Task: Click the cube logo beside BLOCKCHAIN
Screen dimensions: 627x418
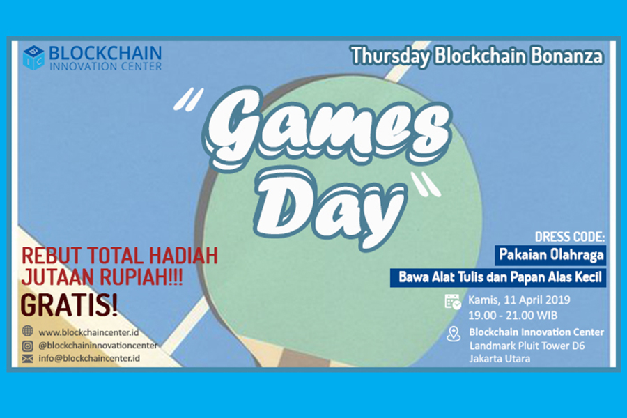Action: click(33, 58)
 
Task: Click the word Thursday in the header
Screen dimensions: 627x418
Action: click(390, 56)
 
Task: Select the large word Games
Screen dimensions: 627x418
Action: click(328, 129)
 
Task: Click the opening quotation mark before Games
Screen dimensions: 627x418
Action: click(188, 99)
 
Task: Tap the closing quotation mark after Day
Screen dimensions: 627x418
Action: click(426, 185)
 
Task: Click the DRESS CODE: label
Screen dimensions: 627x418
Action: click(570, 237)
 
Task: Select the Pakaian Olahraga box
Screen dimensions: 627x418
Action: click(550, 255)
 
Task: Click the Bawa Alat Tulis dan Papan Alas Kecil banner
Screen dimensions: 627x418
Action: click(498, 277)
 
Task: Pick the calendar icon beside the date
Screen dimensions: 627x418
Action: click(453, 302)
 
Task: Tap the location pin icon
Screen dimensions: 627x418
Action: click(454, 334)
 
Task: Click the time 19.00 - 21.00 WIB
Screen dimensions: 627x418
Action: click(513, 316)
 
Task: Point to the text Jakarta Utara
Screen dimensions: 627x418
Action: click(500, 359)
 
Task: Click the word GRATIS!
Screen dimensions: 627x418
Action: click(69, 305)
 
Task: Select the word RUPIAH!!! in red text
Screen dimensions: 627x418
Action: click(141, 277)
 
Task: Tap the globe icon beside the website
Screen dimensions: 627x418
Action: click(28, 331)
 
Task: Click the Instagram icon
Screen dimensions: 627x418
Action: click(28, 346)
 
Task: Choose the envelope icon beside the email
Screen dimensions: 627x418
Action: click(28, 358)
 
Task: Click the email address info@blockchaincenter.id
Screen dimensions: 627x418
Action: click(89, 358)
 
